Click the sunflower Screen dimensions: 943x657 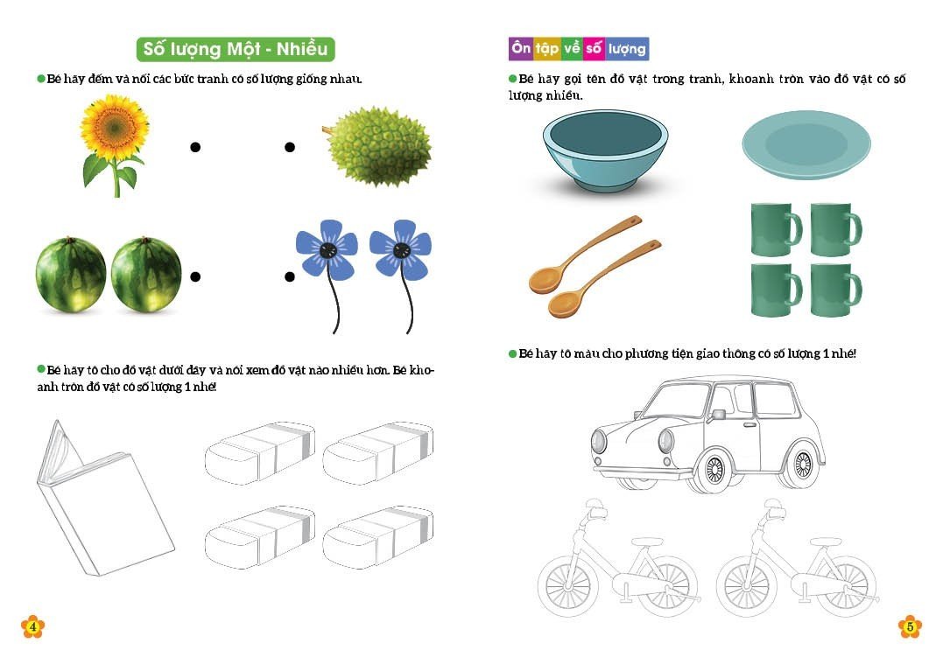(115, 144)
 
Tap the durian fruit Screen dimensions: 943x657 (377, 147)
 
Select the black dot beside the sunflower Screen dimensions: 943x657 (195, 147)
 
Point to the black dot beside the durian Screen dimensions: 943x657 (290, 147)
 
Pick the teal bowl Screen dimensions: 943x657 (605, 151)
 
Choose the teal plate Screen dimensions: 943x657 (806, 145)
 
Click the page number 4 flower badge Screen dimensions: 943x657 (32, 626)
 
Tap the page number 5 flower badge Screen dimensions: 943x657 (910, 626)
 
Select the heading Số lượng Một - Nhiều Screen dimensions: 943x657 (236, 49)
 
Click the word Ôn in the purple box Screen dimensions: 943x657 (521, 47)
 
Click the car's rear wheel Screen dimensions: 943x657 (802, 464)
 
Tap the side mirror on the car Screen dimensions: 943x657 (717, 415)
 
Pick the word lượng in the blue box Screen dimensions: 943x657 (627, 49)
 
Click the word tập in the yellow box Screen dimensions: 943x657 (547, 48)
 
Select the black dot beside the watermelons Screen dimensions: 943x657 (195, 276)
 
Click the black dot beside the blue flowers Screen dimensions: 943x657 (290, 276)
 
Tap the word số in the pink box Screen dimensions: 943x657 (594, 48)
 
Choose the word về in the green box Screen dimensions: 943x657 (572, 48)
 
